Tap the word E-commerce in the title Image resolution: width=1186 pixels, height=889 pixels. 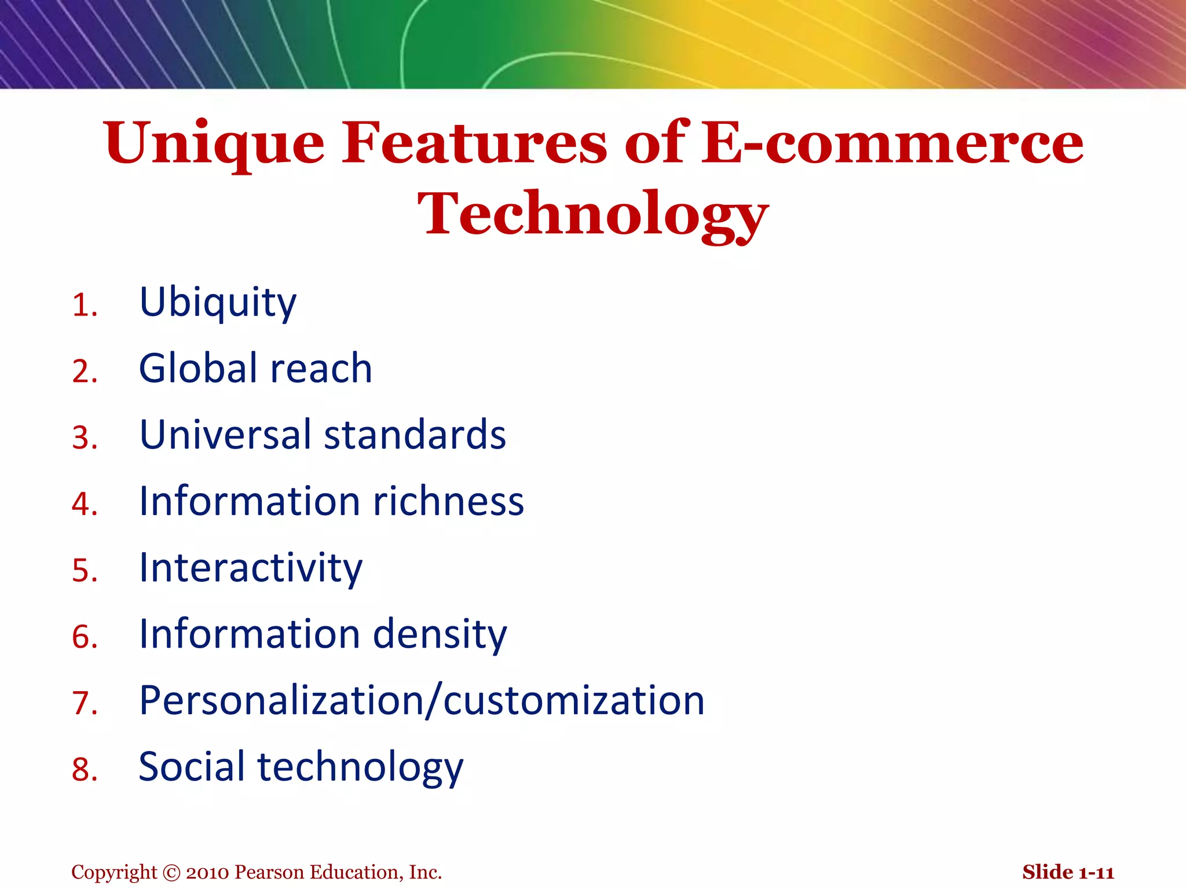click(892, 144)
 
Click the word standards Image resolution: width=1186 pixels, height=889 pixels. click(415, 435)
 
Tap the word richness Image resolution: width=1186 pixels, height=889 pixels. click(448, 501)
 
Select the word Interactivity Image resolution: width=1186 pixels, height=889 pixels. click(250, 568)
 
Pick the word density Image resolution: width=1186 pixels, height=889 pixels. click(440, 634)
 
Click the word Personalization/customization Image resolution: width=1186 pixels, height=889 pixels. click(422, 701)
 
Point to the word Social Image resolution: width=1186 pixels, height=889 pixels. click(192, 767)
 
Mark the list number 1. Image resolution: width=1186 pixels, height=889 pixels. click(84, 306)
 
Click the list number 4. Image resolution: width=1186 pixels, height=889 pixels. click(84, 504)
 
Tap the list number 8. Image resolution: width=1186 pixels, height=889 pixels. click(84, 770)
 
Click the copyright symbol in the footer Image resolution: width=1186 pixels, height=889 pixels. click(172, 872)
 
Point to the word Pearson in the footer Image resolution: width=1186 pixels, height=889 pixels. click(269, 872)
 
